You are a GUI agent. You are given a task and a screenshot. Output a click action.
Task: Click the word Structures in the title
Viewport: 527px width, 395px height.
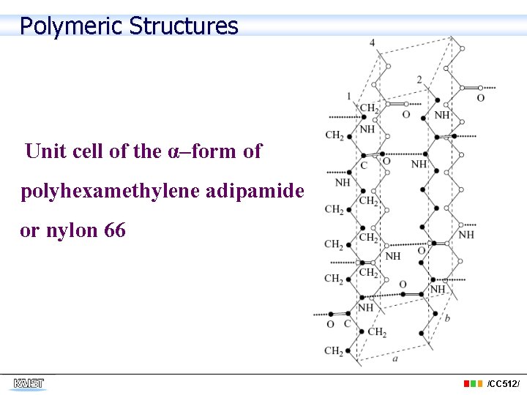point(183,26)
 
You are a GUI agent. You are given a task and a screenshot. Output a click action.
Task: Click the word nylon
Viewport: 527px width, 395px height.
point(72,231)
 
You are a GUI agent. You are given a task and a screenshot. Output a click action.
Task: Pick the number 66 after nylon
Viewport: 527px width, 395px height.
point(115,230)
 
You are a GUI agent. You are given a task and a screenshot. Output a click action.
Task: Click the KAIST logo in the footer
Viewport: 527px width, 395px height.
point(29,383)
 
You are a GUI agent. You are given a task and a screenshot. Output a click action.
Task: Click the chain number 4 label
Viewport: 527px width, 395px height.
point(372,42)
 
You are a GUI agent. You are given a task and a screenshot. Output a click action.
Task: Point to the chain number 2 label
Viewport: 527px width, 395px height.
point(419,79)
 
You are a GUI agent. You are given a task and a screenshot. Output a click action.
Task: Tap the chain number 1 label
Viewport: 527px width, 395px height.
point(349,95)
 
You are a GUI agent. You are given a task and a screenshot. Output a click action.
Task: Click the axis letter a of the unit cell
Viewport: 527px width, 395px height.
point(395,358)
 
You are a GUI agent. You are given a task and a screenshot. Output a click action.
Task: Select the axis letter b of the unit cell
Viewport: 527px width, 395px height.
point(447,317)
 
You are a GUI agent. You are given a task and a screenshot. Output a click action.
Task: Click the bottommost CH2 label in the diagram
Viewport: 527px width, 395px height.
point(334,351)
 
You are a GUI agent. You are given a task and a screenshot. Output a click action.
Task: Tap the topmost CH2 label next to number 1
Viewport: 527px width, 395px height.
point(369,108)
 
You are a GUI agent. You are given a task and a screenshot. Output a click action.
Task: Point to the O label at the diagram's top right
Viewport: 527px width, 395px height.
point(480,98)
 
